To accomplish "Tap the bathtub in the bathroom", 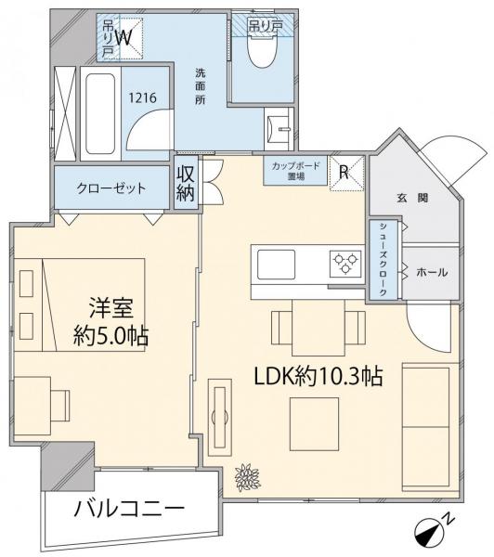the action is (100, 113).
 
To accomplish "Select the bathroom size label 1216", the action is (142, 97).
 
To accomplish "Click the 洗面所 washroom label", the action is (200, 86).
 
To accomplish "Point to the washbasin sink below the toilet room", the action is (279, 129).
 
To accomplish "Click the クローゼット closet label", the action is (111, 188).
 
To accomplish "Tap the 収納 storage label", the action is (186, 183).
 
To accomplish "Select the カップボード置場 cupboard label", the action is (295, 171).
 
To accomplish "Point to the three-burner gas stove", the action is (345, 264).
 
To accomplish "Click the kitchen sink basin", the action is (276, 265).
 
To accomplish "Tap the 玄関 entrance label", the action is (412, 198).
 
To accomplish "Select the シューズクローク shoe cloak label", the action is (383, 260).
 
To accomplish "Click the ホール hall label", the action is (432, 272).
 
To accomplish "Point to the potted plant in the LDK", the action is (247, 477).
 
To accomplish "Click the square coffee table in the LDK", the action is (314, 424).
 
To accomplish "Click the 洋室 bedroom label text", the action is (111, 308).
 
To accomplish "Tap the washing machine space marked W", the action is (124, 38).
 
